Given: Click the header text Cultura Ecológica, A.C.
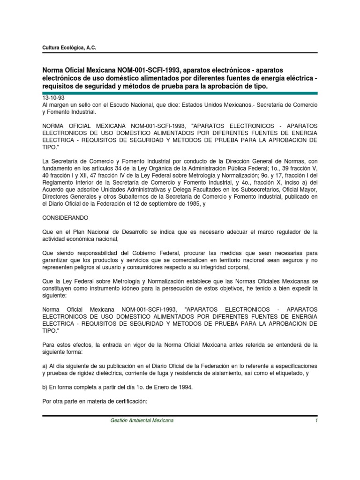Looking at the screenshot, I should tap(69, 47).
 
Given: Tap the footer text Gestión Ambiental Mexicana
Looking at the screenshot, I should tap(142, 421).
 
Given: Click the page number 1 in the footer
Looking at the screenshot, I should tap(317, 421).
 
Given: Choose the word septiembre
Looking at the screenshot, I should tap(157, 204).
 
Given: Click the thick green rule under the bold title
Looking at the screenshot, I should tap(180, 92).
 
